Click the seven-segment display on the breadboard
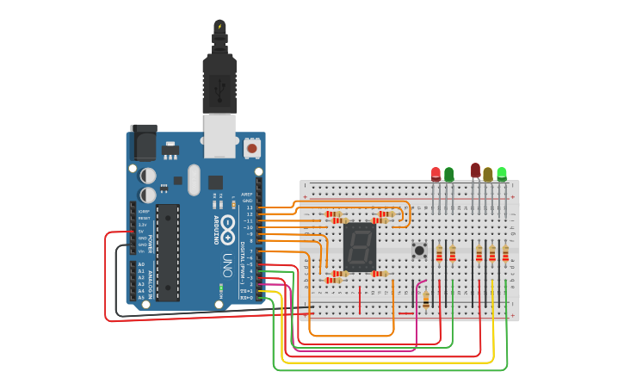(359, 247)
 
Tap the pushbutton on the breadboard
(419, 251)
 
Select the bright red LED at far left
(436, 174)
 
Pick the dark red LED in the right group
(475, 170)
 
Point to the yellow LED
(488, 174)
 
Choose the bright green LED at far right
(502, 174)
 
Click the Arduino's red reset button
(252, 148)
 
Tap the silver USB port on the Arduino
(219, 138)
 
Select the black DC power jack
(143, 142)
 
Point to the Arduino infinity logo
(227, 228)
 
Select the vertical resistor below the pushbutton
(426, 300)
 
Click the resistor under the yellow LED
(492, 253)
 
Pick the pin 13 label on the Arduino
(250, 207)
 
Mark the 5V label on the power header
(141, 232)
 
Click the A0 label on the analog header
(141, 264)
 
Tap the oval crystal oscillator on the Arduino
(194, 179)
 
